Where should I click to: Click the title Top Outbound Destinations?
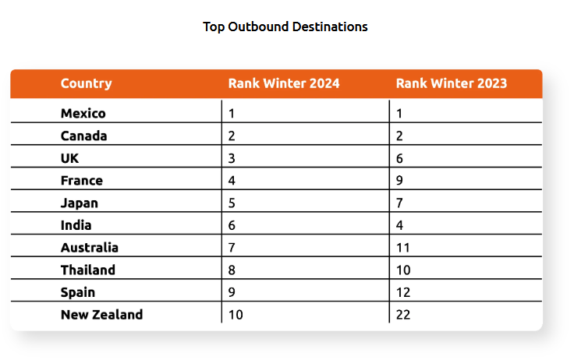tap(285, 26)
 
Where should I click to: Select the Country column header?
tap(86, 84)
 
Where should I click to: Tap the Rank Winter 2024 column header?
tap(284, 83)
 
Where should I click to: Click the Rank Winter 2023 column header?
tap(452, 83)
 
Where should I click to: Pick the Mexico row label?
tap(83, 114)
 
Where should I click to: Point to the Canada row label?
tap(83, 136)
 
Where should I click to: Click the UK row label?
tap(69, 158)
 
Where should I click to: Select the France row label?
tap(82, 181)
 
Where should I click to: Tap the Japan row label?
tap(80, 203)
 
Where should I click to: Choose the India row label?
tap(76, 225)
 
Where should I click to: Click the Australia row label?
tap(90, 248)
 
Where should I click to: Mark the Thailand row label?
tap(88, 270)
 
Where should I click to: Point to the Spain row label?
tap(78, 293)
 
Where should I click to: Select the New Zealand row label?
tap(101, 315)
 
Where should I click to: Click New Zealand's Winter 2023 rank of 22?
tap(403, 315)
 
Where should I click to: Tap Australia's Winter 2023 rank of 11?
tap(402, 248)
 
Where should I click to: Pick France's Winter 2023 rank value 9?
tap(399, 181)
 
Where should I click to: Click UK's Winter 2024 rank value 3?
tap(232, 158)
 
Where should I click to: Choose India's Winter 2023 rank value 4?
tap(399, 225)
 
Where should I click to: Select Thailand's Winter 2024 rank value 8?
tap(232, 270)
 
